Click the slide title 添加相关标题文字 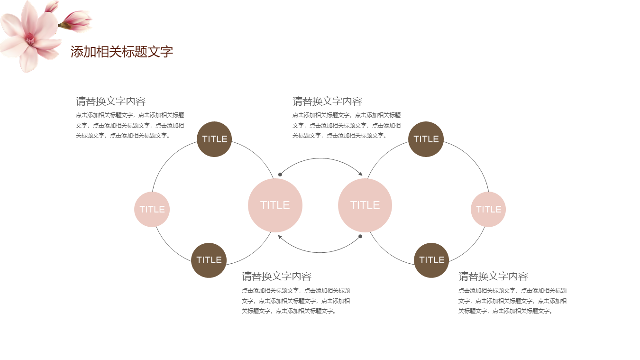click(122, 52)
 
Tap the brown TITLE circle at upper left click(214, 139)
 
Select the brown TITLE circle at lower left click(209, 260)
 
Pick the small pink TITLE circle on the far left click(152, 209)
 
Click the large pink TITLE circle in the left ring click(275, 205)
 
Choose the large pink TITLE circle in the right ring click(365, 205)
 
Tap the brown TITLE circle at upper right click(426, 139)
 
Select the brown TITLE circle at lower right click(431, 260)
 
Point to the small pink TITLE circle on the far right click(488, 209)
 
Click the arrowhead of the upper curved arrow click(361, 174)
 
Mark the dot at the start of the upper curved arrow click(280, 175)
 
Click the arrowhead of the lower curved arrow click(280, 237)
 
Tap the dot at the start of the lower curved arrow click(360, 237)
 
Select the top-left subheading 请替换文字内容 click(110, 101)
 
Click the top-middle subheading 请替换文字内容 click(327, 101)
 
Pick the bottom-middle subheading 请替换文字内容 click(276, 276)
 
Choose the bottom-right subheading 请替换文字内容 click(493, 276)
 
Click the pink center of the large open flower click(30, 39)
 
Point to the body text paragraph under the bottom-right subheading click(512, 301)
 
